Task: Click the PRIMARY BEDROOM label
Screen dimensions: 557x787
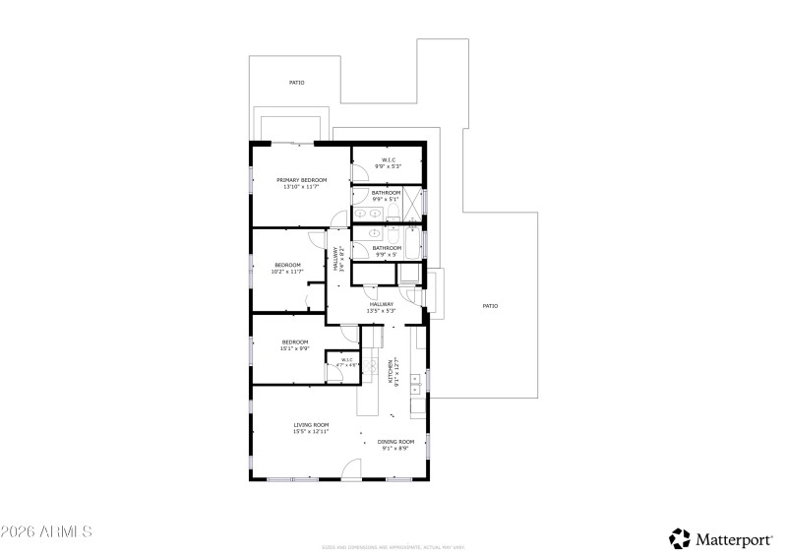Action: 301,180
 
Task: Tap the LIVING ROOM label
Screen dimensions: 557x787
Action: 311,425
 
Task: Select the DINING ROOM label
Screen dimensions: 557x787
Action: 396,442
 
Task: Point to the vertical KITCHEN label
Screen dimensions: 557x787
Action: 390,371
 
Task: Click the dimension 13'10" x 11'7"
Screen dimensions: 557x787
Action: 301,187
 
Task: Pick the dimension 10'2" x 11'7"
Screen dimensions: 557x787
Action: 287,272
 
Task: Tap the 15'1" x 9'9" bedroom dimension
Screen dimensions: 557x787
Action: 295,348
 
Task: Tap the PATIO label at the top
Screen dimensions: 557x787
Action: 296,83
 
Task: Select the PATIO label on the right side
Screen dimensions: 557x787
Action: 490,306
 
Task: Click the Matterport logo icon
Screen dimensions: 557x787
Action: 680,538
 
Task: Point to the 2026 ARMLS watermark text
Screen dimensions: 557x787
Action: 46,532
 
